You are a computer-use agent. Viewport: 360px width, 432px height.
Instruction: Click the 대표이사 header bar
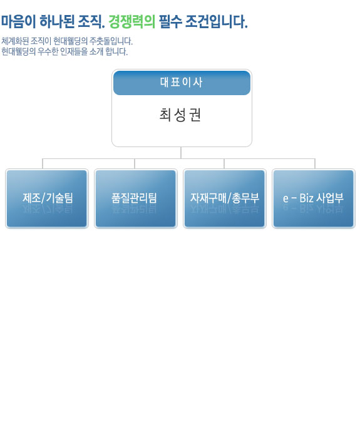(182, 83)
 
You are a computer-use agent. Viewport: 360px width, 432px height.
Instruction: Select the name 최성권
(180, 115)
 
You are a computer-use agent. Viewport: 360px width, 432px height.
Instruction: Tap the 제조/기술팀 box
(47, 198)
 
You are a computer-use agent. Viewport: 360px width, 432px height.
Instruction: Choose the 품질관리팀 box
(135, 198)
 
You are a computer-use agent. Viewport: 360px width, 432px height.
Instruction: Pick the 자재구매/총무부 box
(225, 198)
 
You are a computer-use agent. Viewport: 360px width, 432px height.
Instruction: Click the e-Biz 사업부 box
(314, 198)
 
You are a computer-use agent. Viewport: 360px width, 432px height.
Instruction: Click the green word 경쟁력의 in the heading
(132, 21)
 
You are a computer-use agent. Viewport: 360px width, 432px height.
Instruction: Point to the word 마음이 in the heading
(18, 21)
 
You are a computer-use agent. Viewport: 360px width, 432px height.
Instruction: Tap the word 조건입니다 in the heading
(216, 21)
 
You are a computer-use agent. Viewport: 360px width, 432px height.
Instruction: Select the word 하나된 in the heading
(57, 21)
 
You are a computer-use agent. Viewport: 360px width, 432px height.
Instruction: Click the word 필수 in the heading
(170, 21)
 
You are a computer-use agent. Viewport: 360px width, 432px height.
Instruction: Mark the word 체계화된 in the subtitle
(15, 41)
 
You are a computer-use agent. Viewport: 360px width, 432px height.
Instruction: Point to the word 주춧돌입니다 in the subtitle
(111, 41)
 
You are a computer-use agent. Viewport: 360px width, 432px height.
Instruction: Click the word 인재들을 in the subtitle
(74, 51)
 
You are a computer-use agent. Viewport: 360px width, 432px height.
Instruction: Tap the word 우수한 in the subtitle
(48, 51)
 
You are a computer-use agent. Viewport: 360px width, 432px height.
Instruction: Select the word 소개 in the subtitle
(96, 51)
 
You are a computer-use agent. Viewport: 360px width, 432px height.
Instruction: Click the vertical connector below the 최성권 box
(181, 153)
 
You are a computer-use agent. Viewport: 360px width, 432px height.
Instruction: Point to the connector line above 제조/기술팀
(43, 163)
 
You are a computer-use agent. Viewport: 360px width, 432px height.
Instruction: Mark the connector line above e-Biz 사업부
(315, 163)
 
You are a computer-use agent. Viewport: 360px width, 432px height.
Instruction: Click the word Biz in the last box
(306, 198)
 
